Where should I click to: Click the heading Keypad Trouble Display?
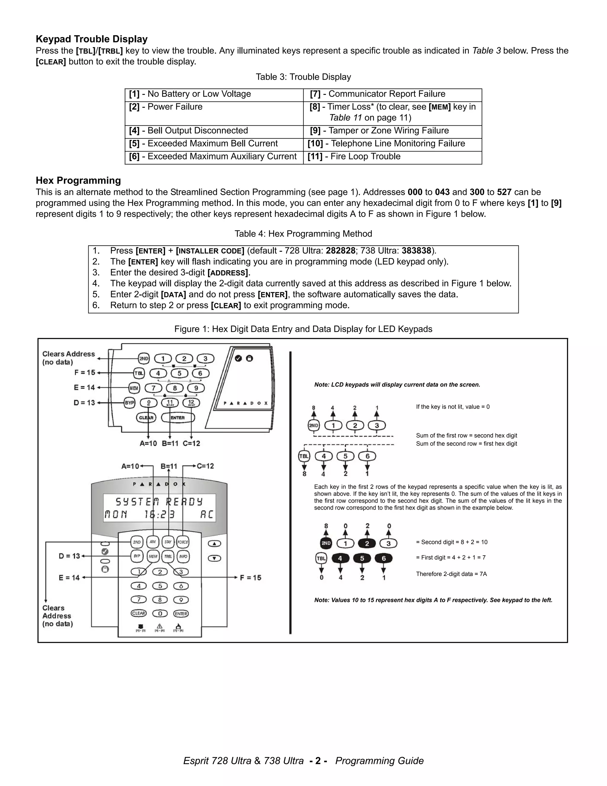92,39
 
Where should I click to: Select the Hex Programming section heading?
78,180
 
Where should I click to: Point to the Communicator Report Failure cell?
386,94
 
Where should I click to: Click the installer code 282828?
340,251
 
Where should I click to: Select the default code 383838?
416,251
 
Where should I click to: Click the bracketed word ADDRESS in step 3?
228,273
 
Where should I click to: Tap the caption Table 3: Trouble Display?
303,77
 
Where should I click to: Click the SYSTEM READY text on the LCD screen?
159,502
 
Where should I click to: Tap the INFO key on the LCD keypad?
183,556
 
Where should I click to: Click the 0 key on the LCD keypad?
160,613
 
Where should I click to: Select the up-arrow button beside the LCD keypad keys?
214,543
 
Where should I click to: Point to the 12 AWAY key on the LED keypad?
191,403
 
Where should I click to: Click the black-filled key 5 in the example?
362,559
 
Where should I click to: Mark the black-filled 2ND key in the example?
326,543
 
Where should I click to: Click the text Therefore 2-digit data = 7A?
451,574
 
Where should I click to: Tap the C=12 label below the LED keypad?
191,444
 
